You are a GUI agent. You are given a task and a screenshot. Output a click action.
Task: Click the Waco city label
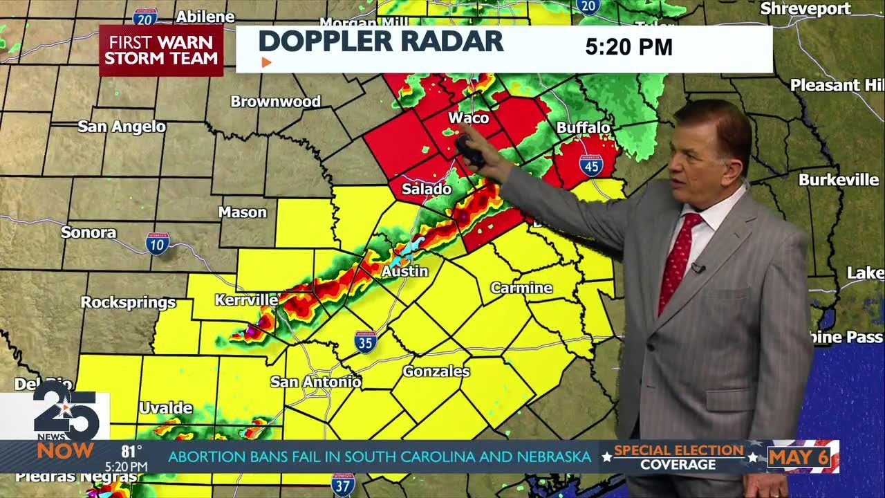[468, 118]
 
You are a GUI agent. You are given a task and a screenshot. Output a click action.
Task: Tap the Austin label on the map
[405, 271]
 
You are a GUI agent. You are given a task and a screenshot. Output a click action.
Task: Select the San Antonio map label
[315, 382]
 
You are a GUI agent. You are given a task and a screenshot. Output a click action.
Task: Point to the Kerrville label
[246, 300]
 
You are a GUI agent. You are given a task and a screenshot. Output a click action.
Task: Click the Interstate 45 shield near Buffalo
[591, 165]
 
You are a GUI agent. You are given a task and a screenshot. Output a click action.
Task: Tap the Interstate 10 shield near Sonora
[158, 243]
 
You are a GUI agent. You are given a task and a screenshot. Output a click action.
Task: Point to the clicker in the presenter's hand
[469, 150]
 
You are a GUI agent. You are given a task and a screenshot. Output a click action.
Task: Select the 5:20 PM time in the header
[628, 47]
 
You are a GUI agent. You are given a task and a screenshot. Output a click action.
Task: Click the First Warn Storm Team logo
[161, 50]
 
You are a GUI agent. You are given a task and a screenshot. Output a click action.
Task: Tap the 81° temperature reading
[131, 452]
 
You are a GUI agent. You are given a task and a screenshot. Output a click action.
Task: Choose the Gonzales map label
[436, 371]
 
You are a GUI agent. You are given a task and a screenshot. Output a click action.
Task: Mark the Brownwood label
[275, 102]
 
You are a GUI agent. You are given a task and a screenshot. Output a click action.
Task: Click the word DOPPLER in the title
[322, 41]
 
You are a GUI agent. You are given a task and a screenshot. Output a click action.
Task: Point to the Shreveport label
[805, 9]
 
